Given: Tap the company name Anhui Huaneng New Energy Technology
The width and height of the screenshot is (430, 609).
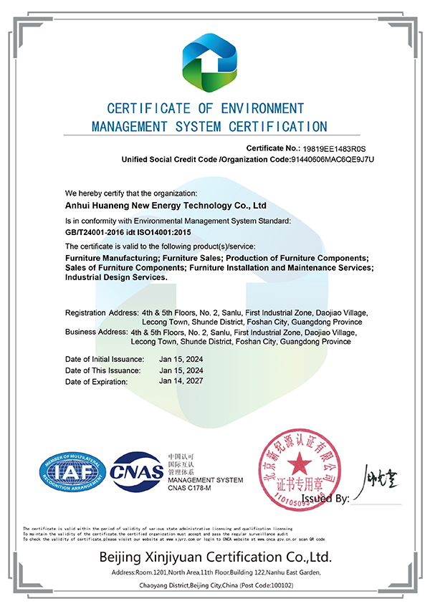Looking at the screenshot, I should [166, 205].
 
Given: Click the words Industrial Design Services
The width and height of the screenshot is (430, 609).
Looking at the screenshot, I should [116, 277].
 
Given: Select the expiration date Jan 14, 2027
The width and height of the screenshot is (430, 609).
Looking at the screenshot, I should [181, 381].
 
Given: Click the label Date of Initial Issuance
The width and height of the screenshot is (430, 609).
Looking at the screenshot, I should [105, 358].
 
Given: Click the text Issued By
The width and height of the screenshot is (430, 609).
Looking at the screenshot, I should [326, 498].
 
